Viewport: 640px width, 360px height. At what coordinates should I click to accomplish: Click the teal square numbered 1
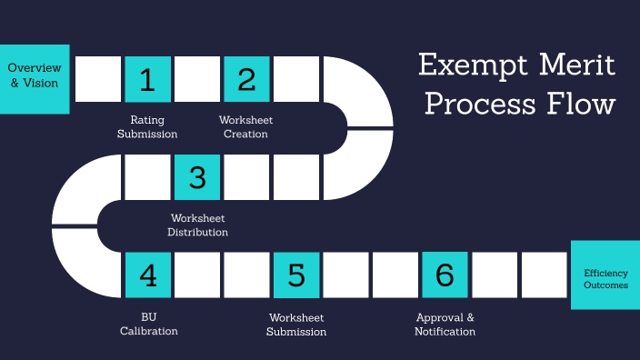tap(147, 79)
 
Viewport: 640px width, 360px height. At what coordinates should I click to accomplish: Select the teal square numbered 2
tap(246, 79)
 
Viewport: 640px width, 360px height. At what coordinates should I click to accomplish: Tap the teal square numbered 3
tap(197, 177)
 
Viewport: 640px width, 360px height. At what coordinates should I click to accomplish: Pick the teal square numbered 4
tap(147, 275)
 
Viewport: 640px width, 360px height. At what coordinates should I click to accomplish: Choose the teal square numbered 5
tap(296, 275)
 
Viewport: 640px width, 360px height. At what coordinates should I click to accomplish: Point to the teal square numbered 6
tap(445, 275)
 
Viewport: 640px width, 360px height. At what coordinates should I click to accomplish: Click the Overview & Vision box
tap(35, 75)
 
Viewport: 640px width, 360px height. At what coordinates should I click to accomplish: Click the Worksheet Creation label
tap(245, 127)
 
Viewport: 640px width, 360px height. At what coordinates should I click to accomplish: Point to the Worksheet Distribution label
tap(197, 225)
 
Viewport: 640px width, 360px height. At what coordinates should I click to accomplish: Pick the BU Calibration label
tap(147, 324)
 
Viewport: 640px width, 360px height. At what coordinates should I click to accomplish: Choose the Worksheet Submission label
tap(296, 324)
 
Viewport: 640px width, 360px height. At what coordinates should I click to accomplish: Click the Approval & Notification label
tap(445, 324)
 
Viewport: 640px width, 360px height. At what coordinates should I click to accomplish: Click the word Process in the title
tap(482, 105)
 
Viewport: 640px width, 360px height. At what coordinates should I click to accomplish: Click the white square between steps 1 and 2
tap(197, 79)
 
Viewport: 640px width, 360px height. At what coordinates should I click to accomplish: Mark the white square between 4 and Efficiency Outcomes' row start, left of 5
tap(246, 275)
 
